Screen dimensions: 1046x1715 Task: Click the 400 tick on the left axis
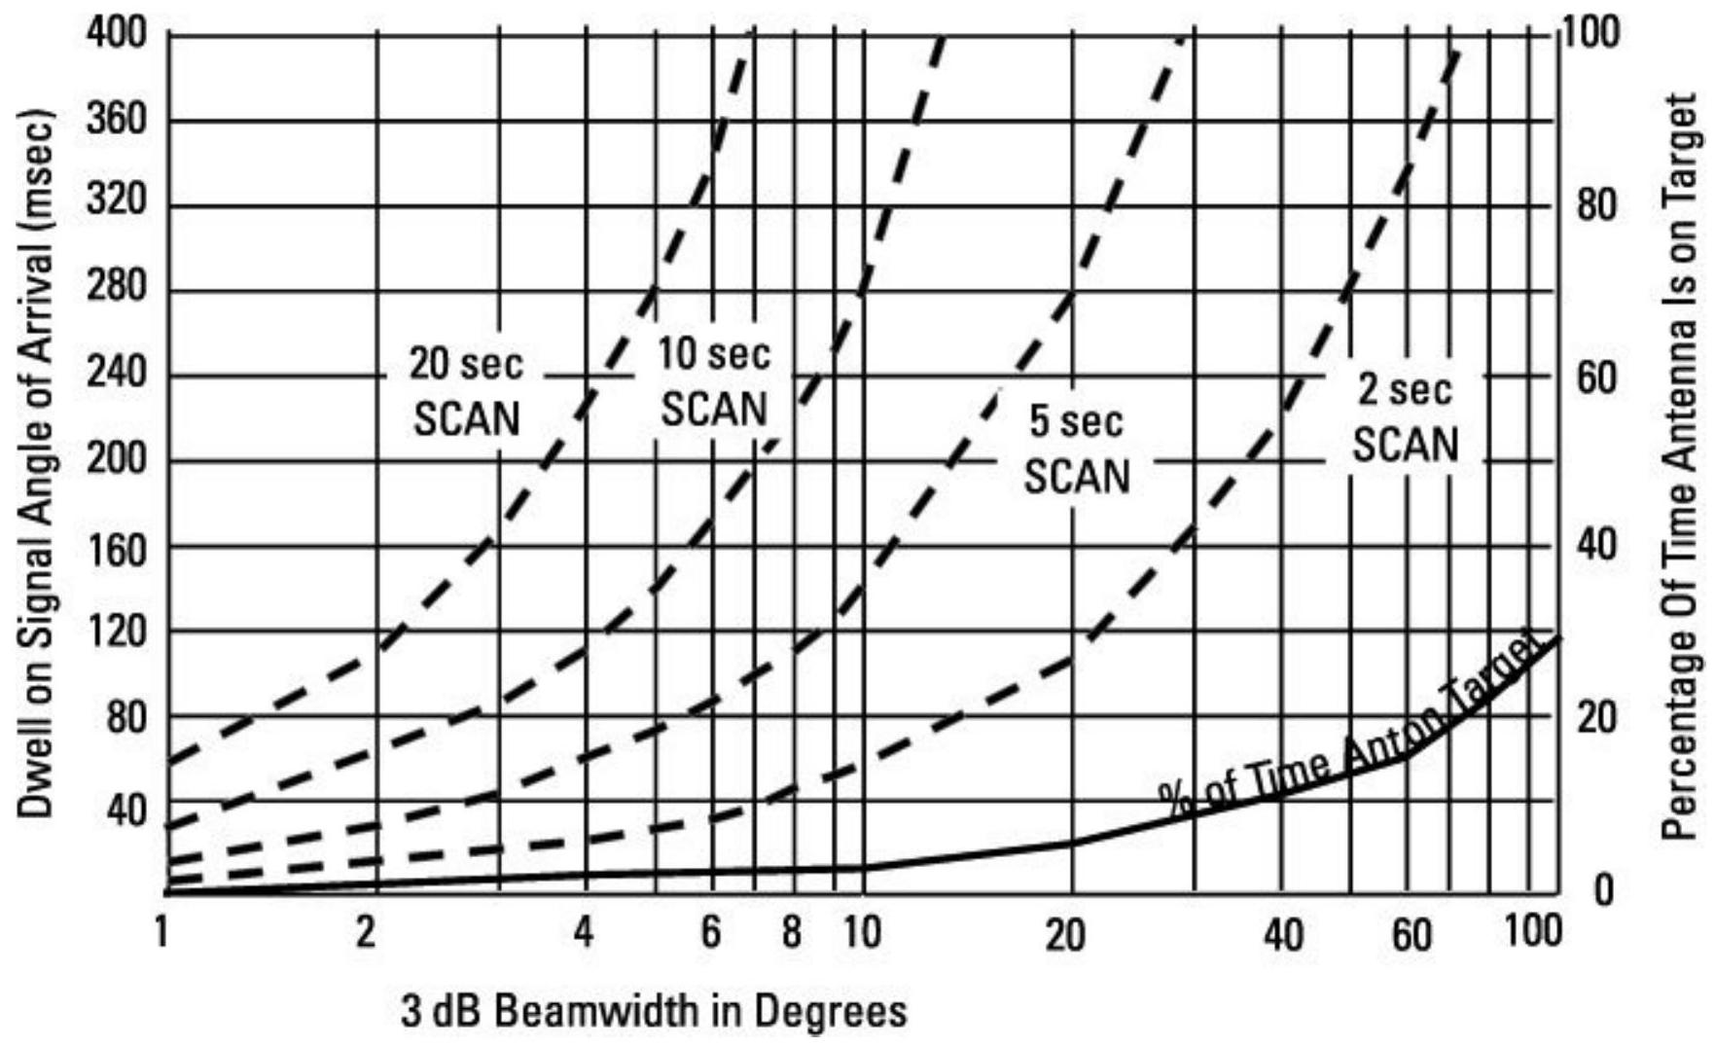pos(117,35)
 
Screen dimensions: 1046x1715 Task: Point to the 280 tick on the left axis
pos(117,289)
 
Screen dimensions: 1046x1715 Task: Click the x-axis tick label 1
pos(162,933)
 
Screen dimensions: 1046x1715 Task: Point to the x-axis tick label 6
pos(711,933)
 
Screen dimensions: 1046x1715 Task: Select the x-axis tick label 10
pos(861,933)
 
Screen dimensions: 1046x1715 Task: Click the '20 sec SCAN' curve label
pos(466,391)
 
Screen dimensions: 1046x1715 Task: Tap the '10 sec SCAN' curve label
pos(714,381)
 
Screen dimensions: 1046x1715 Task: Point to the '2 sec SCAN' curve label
pos(1406,417)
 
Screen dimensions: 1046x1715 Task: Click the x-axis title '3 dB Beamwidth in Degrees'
pos(654,1012)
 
